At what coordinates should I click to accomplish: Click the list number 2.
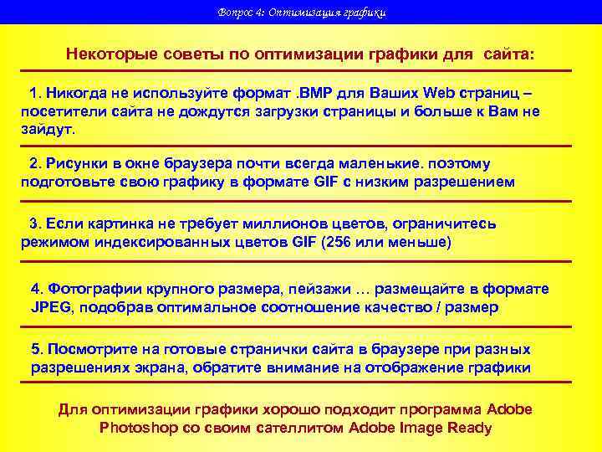point(34,163)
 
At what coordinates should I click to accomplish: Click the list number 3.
point(34,223)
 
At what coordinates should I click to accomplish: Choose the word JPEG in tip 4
point(52,307)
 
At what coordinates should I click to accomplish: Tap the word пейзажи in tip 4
point(317,289)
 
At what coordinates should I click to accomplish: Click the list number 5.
point(36,348)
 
